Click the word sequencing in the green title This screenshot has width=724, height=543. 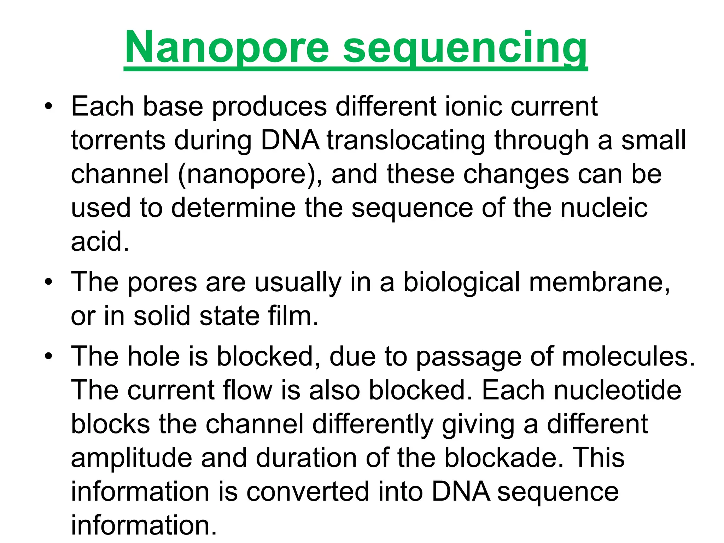click(x=465, y=48)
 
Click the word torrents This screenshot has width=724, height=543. click(x=118, y=140)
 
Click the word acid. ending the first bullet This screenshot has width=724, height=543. click(x=100, y=242)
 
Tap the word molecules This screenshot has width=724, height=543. click(x=628, y=356)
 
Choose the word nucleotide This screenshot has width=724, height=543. click(x=617, y=390)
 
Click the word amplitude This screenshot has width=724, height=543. click(x=132, y=458)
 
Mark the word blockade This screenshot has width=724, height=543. click(x=503, y=458)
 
